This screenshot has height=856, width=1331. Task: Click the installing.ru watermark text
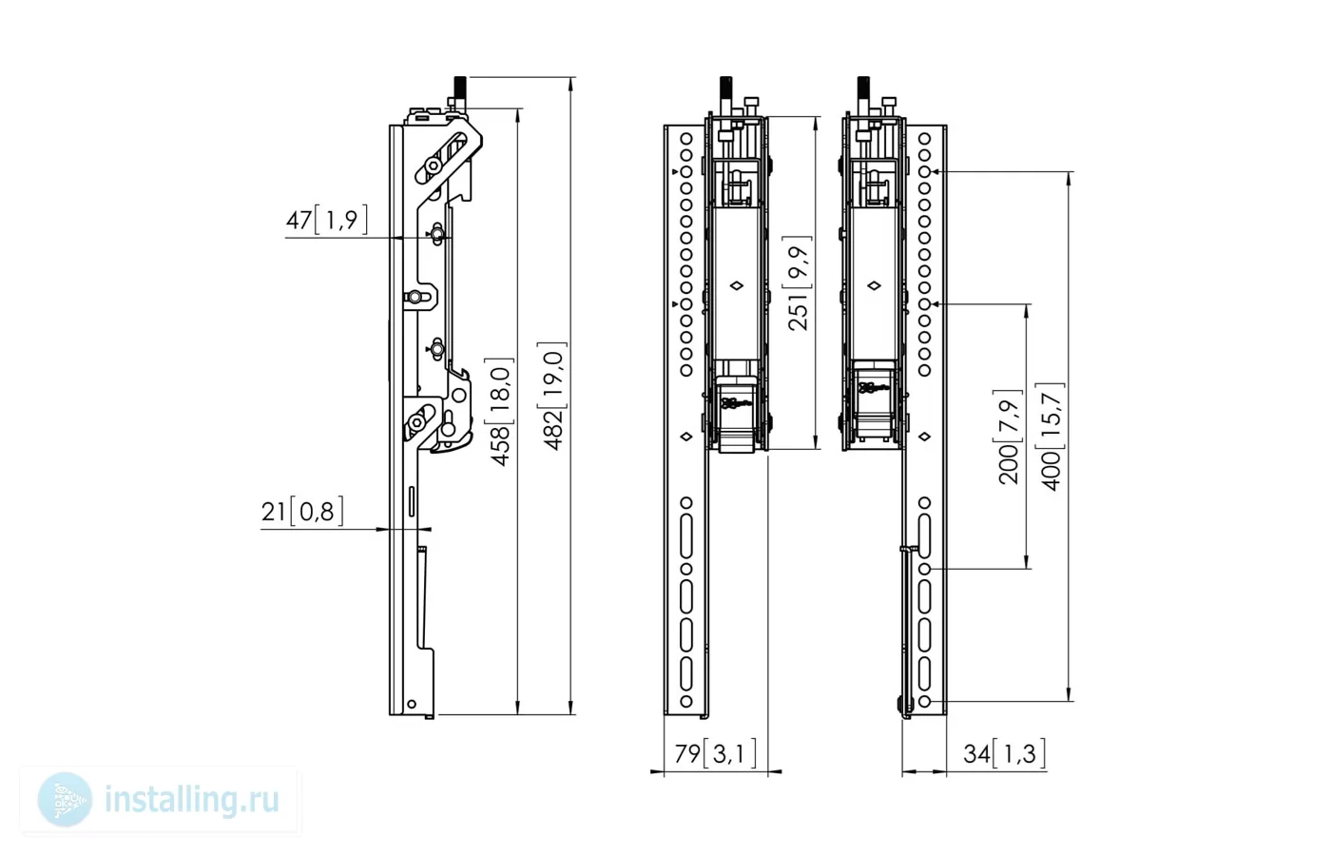click(x=192, y=800)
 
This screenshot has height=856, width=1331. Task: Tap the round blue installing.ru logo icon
click(x=65, y=800)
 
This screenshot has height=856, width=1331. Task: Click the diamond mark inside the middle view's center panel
click(x=736, y=286)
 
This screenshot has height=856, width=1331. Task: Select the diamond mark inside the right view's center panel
click(x=874, y=286)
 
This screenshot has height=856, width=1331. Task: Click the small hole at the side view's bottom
click(x=411, y=705)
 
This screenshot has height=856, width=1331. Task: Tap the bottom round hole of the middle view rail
click(x=686, y=702)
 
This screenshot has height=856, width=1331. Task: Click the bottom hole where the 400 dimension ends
click(x=924, y=702)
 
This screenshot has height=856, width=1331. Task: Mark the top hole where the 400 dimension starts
click(x=924, y=172)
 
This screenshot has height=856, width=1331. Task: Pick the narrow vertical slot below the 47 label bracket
click(x=411, y=502)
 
